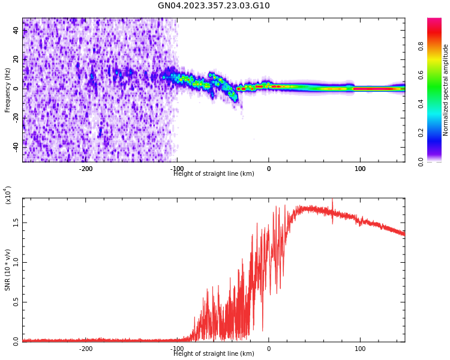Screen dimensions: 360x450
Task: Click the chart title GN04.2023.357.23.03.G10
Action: coord(214,6)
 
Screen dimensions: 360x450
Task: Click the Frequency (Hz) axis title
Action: coord(8,90)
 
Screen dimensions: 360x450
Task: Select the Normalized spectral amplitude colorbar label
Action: coord(446,90)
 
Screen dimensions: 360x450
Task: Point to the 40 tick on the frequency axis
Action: coord(16,30)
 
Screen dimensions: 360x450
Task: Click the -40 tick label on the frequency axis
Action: coord(16,146)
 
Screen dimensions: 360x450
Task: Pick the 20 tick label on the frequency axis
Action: coord(16,59)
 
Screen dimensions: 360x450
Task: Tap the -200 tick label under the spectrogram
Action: coord(86,169)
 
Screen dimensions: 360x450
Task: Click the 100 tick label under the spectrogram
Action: coord(360,169)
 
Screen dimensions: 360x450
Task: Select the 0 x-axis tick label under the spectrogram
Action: coord(269,169)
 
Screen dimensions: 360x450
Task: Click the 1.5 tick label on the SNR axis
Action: coord(16,222)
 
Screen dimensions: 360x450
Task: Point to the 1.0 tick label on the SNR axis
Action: coord(16,262)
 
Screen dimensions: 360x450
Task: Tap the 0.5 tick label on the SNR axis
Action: coord(16,302)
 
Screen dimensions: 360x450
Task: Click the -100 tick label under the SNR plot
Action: coord(178,349)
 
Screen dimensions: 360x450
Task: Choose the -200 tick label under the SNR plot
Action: coord(86,349)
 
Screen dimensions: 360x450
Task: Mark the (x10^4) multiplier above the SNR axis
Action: coord(8,195)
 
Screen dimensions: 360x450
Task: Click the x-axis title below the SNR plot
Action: coord(214,354)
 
